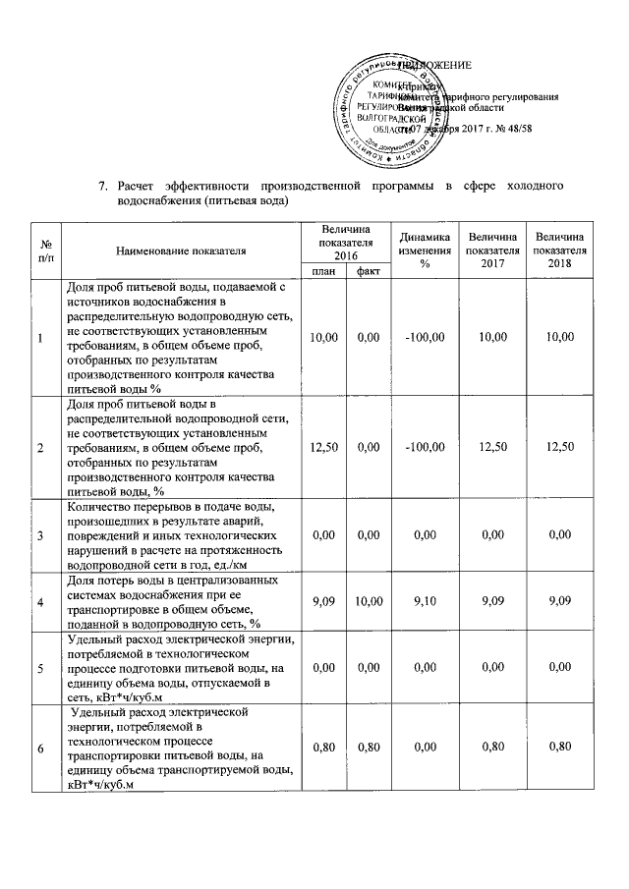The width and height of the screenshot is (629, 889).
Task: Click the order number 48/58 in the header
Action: click(x=515, y=130)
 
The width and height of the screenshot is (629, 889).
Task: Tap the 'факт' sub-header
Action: click(x=369, y=271)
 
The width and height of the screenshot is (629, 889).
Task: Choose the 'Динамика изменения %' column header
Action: click(x=425, y=251)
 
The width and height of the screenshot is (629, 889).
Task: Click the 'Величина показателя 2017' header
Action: click(x=492, y=251)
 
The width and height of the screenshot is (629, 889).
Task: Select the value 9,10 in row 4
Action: click(x=425, y=601)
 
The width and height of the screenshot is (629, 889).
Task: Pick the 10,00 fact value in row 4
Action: click(x=369, y=601)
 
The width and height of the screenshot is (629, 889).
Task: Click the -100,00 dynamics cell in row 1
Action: click(x=425, y=338)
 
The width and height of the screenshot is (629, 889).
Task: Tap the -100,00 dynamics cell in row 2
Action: click(x=425, y=448)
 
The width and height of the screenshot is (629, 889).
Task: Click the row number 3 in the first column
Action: click(x=40, y=535)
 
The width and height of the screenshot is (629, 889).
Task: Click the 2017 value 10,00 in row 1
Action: click(x=492, y=338)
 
